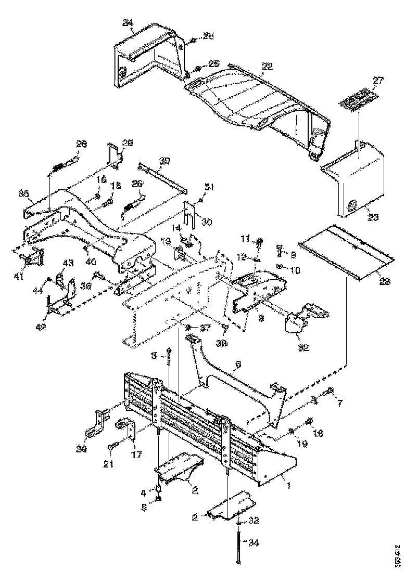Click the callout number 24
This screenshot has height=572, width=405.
click(x=127, y=22)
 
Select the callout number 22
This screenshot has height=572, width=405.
click(x=267, y=67)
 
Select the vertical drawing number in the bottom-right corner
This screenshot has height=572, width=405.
click(x=398, y=555)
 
